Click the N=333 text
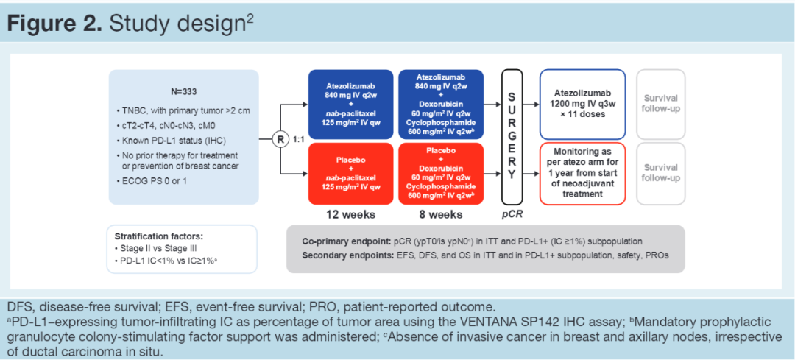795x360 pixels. point(183,93)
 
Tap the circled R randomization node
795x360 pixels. point(280,138)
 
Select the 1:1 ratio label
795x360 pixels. point(300,138)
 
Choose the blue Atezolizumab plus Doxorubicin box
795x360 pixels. point(440,104)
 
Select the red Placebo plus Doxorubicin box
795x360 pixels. point(440,174)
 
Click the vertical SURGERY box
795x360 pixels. point(512,137)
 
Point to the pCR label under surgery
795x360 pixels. point(512,215)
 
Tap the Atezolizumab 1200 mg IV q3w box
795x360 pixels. point(582,104)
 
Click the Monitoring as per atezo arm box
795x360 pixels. point(582,174)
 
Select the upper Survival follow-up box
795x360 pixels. point(660,104)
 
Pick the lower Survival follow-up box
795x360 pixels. point(660,174)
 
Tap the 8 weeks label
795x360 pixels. point(440,215)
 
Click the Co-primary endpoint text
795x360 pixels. point(347,241)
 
